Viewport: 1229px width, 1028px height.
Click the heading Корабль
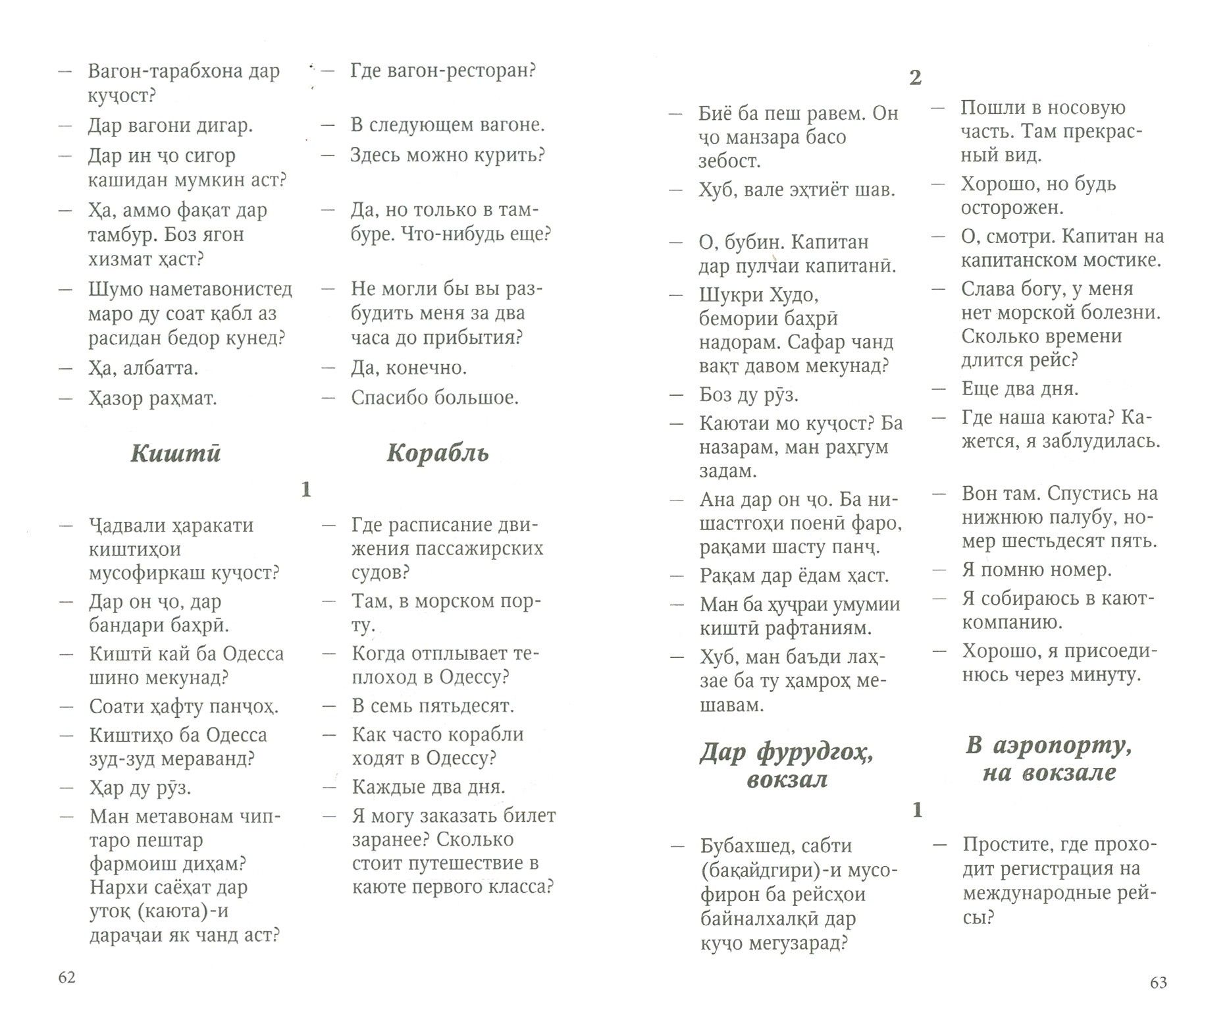(x=438, y=454)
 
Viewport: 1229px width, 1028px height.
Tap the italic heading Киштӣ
(x=176, y=454)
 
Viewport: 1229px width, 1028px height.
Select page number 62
(x=67, y=977)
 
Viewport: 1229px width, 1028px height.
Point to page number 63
(x=1158, y=982)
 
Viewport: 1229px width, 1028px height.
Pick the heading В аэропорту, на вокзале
(x=1049, y=759)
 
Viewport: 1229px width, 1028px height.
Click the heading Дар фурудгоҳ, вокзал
(x=787, y=766)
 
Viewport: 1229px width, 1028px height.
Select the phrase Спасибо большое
(x=434, y=397)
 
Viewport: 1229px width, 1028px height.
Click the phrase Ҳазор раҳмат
(x=153, y=398)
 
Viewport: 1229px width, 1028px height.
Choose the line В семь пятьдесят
(x=432, y=705)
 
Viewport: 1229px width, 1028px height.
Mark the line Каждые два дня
(x=429, y=786)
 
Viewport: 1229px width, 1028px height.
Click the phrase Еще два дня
(x=1020, y=389)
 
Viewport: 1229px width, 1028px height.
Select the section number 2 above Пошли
(x=915, y=78)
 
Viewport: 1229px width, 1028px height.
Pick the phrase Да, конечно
(x=409, y=367)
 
